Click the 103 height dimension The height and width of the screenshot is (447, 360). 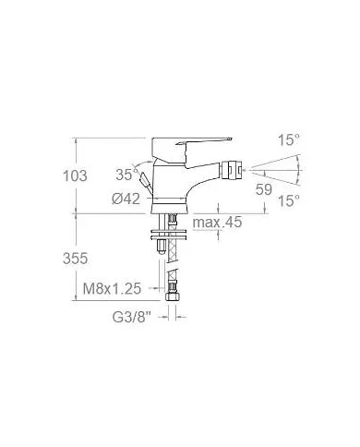[x=75, y=175]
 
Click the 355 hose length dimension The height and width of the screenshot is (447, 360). [x=75, y=258]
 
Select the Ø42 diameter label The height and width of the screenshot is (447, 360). [x=126, y=199]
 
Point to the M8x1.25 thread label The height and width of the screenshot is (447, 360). [x=112, y=289]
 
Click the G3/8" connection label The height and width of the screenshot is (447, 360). [x=132, y=317]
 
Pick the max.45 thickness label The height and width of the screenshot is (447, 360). [x=217, y=222]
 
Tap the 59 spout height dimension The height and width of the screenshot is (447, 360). [x=264, y=189]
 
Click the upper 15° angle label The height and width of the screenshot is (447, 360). [x=289, y=140]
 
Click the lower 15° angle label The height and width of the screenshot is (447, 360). [x=289, y=201]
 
